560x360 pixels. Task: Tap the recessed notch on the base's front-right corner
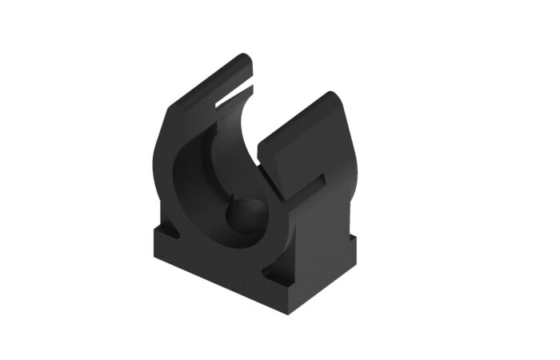tap(280, 279)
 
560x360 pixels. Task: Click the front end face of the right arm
tap(272, 164)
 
